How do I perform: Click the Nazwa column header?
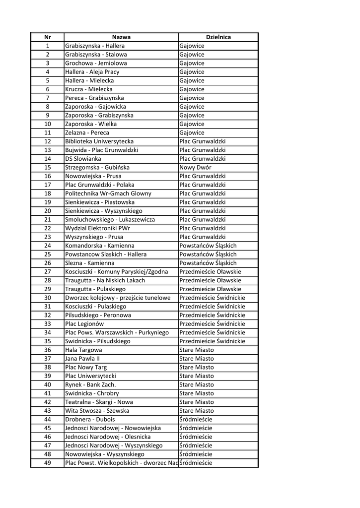tap(121, 37)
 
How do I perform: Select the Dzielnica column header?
tap(218, 37)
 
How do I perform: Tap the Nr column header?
tap(47, 37)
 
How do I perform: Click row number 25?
tap(47, 254)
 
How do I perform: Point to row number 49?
tap(47, 463)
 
